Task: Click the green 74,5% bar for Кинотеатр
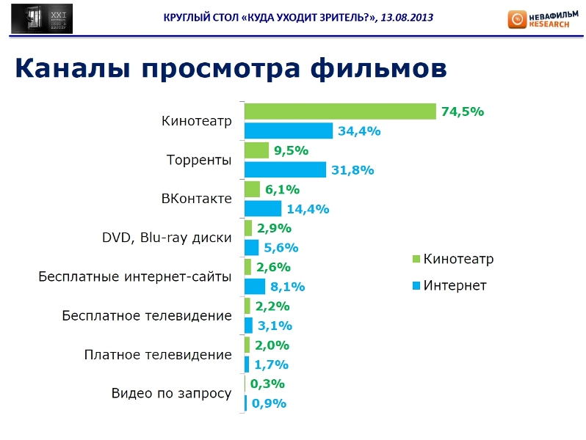click(x=340, y=111)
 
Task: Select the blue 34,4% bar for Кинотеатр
click(x=289, y=131)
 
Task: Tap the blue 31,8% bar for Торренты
click(x=285, y=169)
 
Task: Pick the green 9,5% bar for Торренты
click(x=256, y=150)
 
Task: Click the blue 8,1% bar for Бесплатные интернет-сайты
click(x=254, y=286)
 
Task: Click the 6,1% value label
click(x=282, y=189)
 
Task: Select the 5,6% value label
click(x=281, y=248)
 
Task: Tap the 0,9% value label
click(x=269, y=403)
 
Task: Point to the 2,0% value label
click(x=272, y=345)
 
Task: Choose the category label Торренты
click(x=199, y=160)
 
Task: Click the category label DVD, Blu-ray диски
click(x=167, y=238)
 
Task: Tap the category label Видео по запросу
click(x=171, y=393)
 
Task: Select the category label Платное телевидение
click(x=158, y=354)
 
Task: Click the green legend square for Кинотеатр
click(x=416, y=259)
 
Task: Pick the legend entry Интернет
click(x=454, y=285)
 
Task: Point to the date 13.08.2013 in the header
click(x=405, y=17)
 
